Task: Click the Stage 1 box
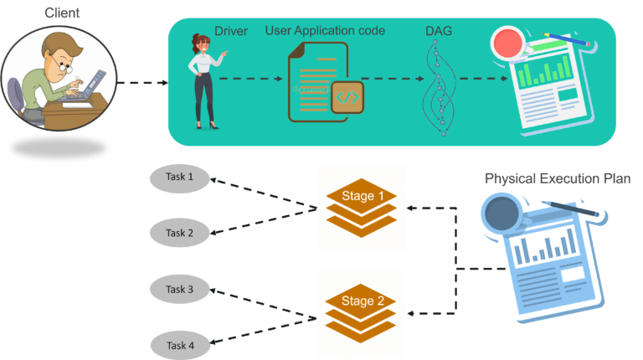(361, 208)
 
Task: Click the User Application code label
(325, 31)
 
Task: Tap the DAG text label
(439, 31)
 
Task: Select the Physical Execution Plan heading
(557, 178)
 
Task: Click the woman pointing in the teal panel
(203, 80)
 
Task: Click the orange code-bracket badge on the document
(347, 97)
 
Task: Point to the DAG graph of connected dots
(439, 88)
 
